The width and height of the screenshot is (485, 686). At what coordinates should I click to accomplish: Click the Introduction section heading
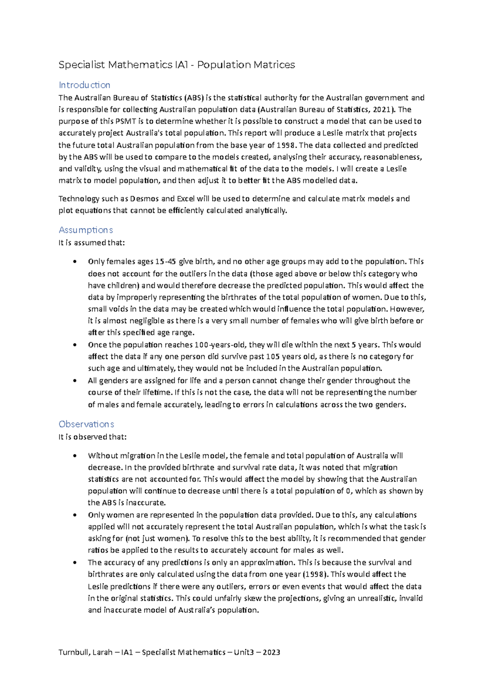84,85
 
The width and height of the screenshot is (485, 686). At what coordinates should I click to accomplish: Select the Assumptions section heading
86,230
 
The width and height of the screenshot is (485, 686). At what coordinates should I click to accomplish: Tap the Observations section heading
86,424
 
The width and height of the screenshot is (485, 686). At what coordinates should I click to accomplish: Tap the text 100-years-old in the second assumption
220,345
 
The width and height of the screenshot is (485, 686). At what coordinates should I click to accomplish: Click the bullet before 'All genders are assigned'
74,381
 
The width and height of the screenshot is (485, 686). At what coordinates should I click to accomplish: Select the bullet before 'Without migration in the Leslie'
74,456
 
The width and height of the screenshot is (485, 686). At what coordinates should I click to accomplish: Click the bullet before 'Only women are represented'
74,515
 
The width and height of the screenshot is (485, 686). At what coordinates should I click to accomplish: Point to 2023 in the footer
271,652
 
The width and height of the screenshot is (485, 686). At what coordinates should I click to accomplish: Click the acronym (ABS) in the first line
194,97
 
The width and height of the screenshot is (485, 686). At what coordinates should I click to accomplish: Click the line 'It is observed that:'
93,437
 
